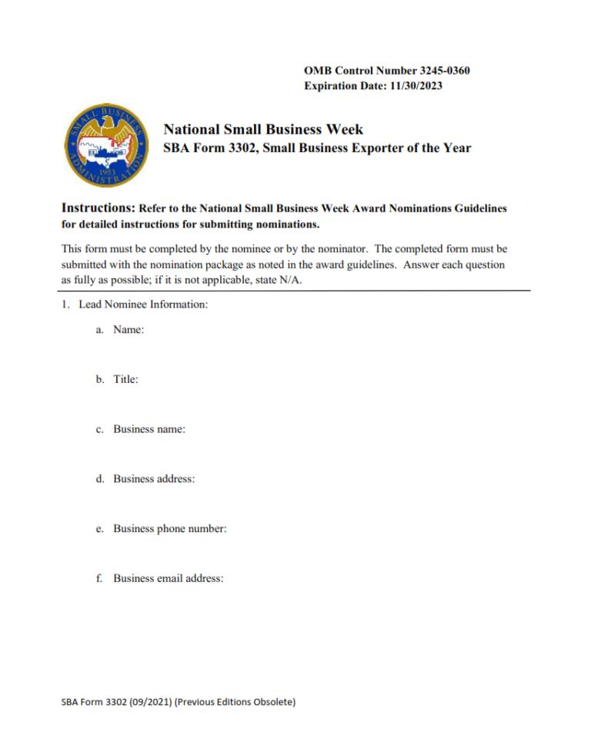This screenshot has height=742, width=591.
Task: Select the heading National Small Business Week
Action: [263, 129]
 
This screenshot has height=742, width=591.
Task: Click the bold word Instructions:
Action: [98, 208]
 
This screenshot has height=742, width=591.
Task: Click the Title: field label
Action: [125, 379]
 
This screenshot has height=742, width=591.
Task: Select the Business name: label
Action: [149, 429]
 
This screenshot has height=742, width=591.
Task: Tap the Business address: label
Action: [153, 478]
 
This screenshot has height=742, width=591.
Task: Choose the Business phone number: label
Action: [169, 528]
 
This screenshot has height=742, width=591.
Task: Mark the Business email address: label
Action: [168, 578]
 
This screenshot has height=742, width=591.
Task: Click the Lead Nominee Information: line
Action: [143, 304]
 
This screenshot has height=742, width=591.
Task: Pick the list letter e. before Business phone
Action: [99, 528]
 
